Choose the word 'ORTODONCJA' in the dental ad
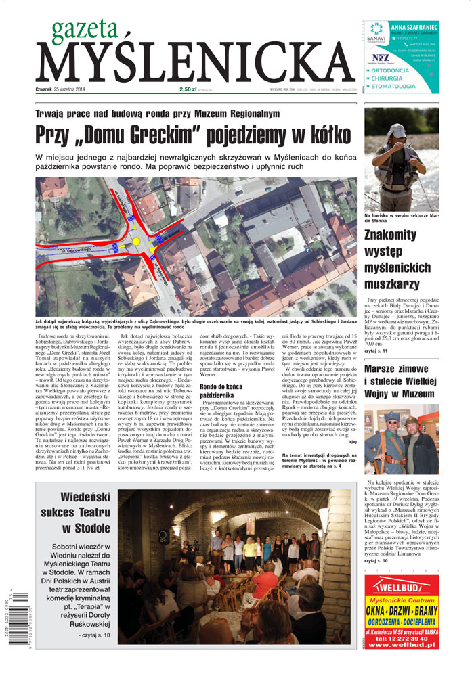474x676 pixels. click(399, 70)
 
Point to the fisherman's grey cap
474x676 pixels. click(398, 131)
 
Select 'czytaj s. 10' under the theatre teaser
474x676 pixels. click(93, 635)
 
